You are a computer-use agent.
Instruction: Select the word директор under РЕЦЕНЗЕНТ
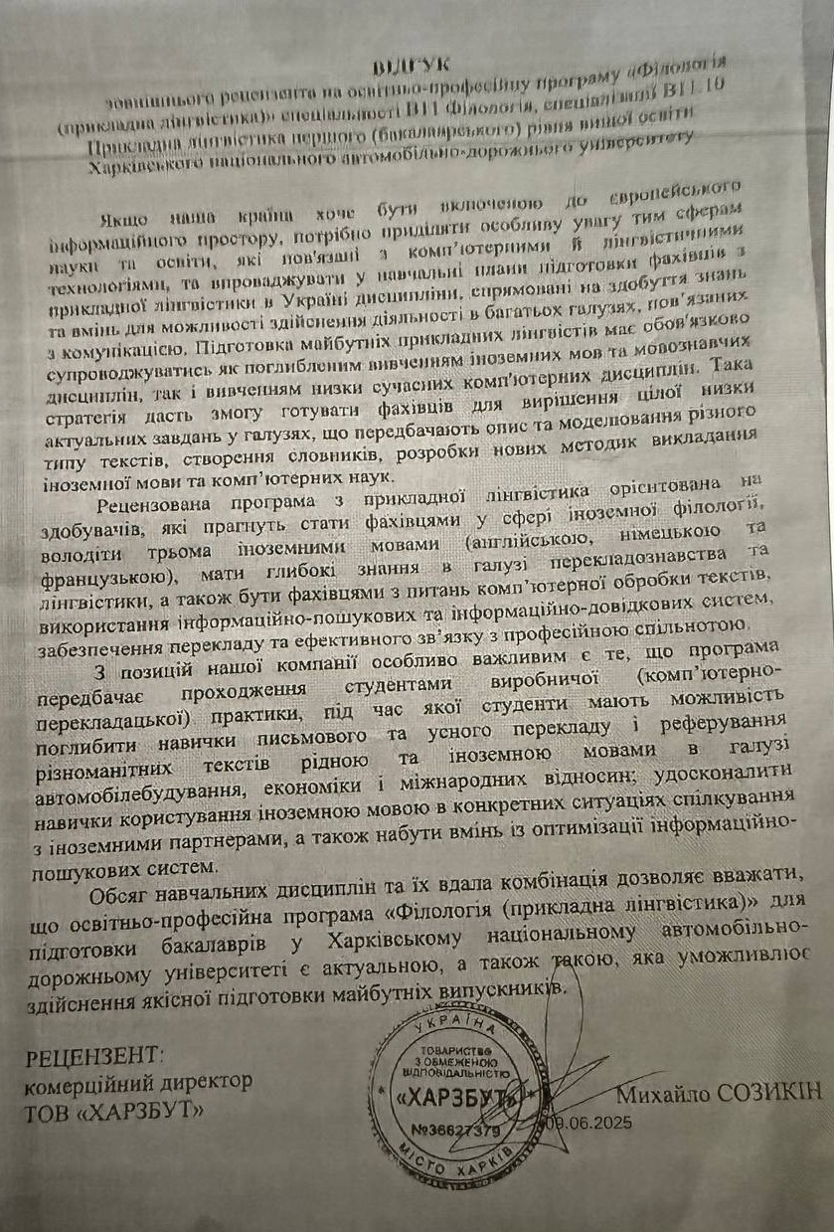[210, 1081]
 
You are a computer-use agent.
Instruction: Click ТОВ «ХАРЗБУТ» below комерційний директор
[113, 1107]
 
